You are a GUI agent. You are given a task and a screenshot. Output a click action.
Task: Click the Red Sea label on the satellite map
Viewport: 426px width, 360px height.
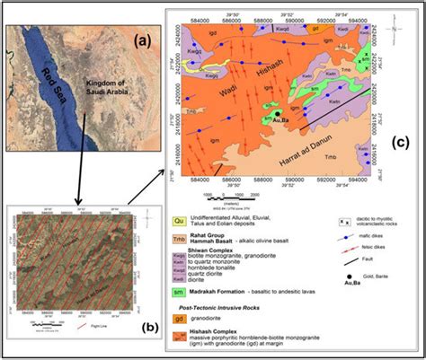tap(56, 86)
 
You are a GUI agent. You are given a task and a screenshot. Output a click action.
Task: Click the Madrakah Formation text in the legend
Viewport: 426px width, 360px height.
tap(234, 293)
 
